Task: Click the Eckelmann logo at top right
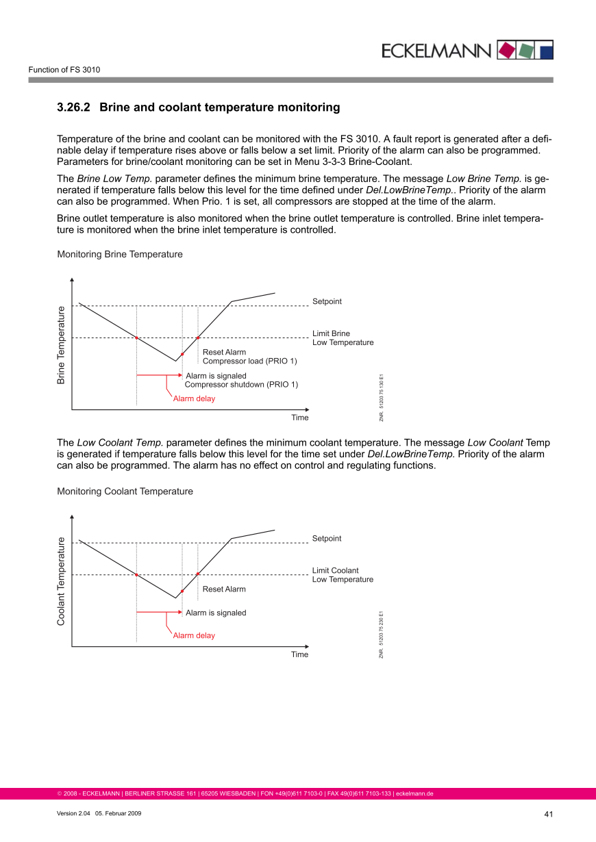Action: click(467, 50)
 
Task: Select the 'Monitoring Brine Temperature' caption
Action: click(120, 255)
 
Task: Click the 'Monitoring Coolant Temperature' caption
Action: click(125, 492)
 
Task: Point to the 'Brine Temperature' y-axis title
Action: click(61, 345)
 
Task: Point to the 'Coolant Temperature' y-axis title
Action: click(61, 581)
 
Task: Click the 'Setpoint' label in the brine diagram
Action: click(327, 302)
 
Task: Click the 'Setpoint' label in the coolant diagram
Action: click(327, 539)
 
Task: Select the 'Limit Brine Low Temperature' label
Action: click(343, 338)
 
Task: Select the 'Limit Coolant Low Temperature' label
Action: click(343, 575)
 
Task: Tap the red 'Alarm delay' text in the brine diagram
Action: click(194, 399)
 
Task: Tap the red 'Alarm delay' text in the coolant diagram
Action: click(194, 636)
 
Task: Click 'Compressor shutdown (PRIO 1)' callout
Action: click(241, 385)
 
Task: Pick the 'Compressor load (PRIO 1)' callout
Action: click(249, 361)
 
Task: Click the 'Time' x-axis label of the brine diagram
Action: click(299, 418)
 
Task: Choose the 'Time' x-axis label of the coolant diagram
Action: click(299, 655)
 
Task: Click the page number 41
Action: click(548, 814)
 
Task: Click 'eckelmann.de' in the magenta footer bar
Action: click(414, 794)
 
